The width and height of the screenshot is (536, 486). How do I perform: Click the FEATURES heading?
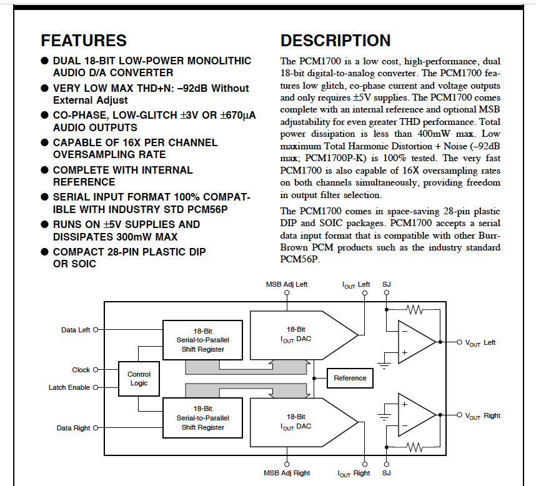[x=84, y=41]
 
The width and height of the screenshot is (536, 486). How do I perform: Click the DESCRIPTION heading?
[x=335, y=41]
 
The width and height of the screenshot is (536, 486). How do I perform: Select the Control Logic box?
[x=139, y=379]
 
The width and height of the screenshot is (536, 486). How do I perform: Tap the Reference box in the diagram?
[x=350, y=378]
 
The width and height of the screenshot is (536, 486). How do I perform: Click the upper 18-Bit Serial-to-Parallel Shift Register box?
[x=201, y=340]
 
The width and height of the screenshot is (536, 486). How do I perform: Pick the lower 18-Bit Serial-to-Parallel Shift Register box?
[x=201, y=418]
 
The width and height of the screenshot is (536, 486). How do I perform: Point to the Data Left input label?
[x=76, y=330]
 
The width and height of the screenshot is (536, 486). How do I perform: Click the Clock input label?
[x=81, y=370]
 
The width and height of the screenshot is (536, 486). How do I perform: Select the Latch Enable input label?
[x=69, y=387]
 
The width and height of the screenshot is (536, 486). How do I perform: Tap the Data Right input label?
[x=74, y=429]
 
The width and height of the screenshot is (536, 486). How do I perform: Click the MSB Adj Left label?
[x=287, y=284]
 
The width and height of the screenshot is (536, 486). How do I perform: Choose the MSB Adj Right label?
[x=287, y=473]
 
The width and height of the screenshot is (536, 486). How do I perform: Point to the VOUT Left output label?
[x=480, y=342]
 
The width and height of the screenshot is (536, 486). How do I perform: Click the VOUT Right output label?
[x=482, y=415]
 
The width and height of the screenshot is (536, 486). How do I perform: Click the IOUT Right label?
[x=354, y=474]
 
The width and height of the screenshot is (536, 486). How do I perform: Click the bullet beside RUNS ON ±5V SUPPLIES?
[x=44, y=224]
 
